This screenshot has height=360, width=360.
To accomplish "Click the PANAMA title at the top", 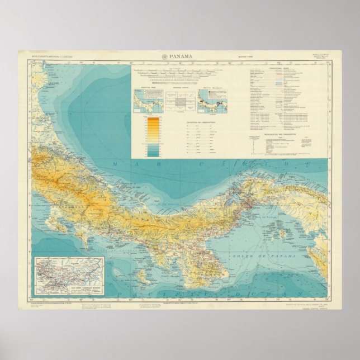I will (x=182, y=56).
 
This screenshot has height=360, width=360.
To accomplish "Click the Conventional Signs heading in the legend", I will (x=283, y=70).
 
